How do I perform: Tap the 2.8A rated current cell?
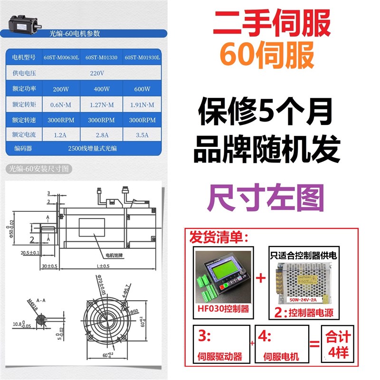click(x=102, y=135)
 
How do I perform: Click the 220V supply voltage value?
click(x=97, y=73)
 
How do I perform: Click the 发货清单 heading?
click(x=219, y=236)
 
